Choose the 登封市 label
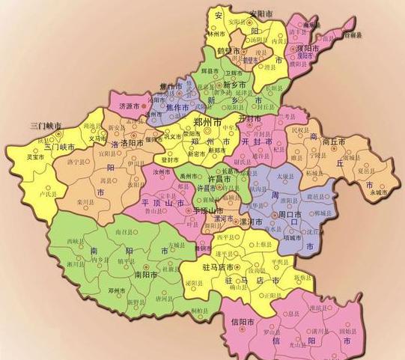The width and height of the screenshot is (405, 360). (171, 159)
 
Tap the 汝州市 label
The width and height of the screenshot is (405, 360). (163, 172)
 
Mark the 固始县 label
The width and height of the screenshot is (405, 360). (347, 329)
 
